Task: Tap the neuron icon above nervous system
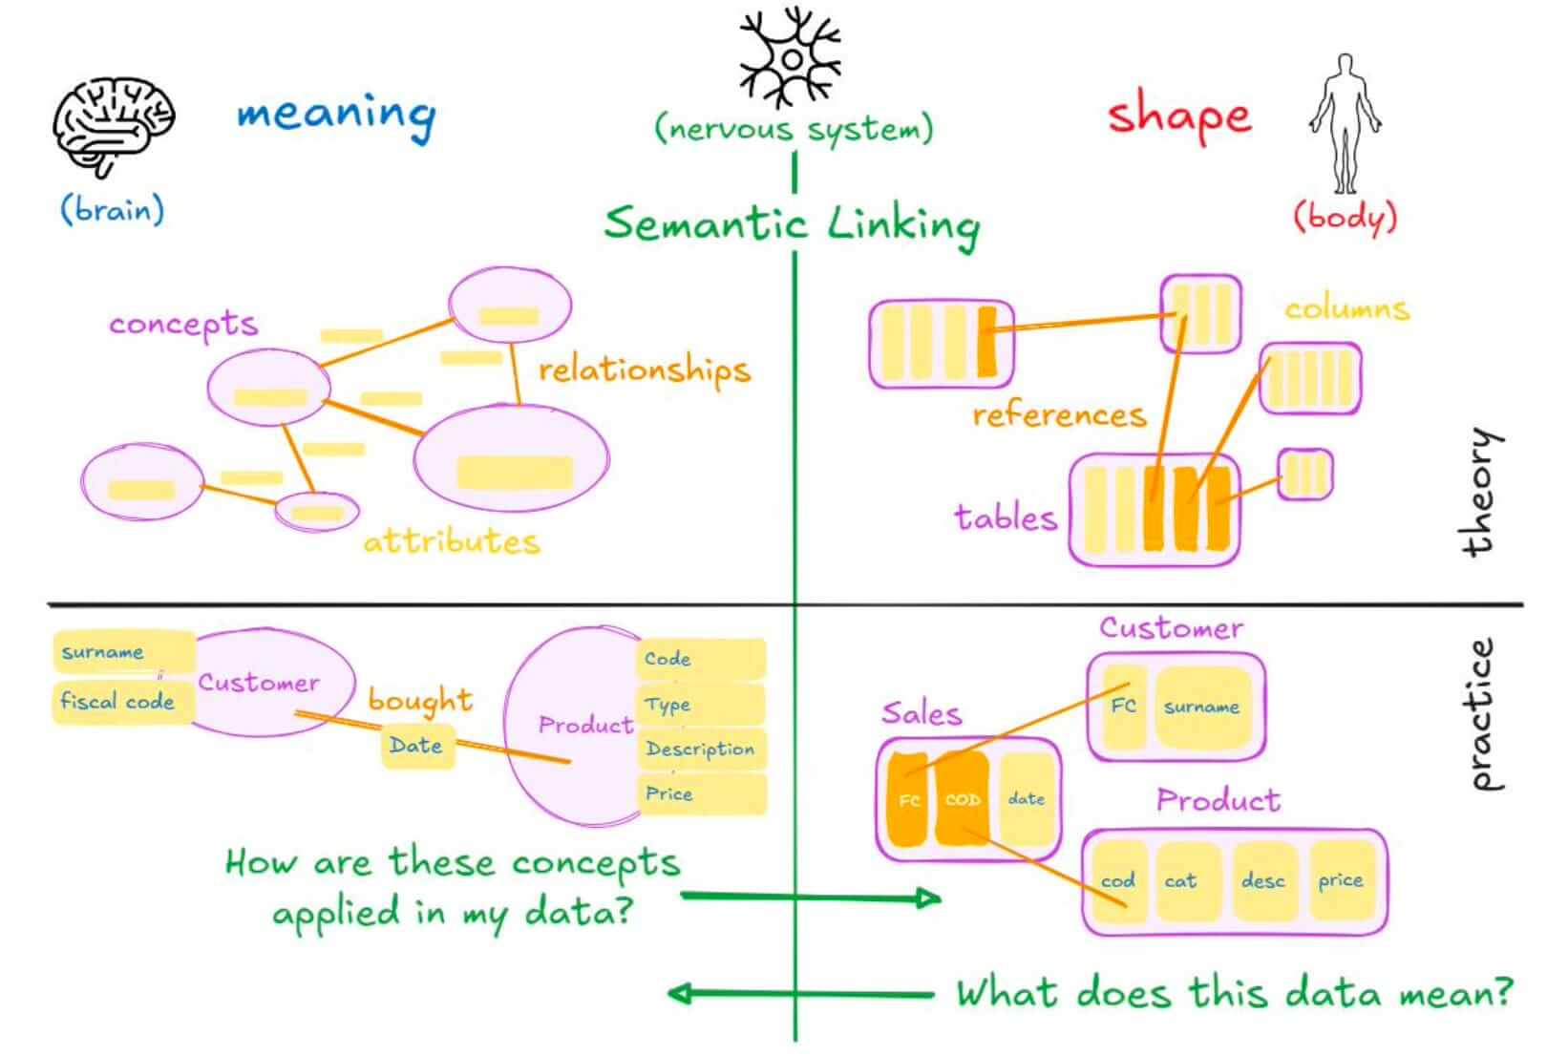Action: [791, 59]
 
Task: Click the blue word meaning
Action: [336, 116]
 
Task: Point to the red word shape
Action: [1179, 117]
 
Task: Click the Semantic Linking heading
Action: [792, 224]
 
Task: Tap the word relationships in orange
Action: [644, 370]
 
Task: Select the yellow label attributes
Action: [451, 542]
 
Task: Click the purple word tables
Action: [1006, 518]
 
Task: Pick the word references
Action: [1059, 415]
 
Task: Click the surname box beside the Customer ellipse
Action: [103, 652]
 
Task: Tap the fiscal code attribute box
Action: [117, 702]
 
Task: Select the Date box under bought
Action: [416, 746]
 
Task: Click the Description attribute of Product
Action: [700, 750]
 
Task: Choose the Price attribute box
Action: [669, 793]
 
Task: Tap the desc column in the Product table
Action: [1262, 880]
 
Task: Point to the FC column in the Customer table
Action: [1123, 706]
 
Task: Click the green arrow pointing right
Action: [812, 897]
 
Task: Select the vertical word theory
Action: [1480, 492]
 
